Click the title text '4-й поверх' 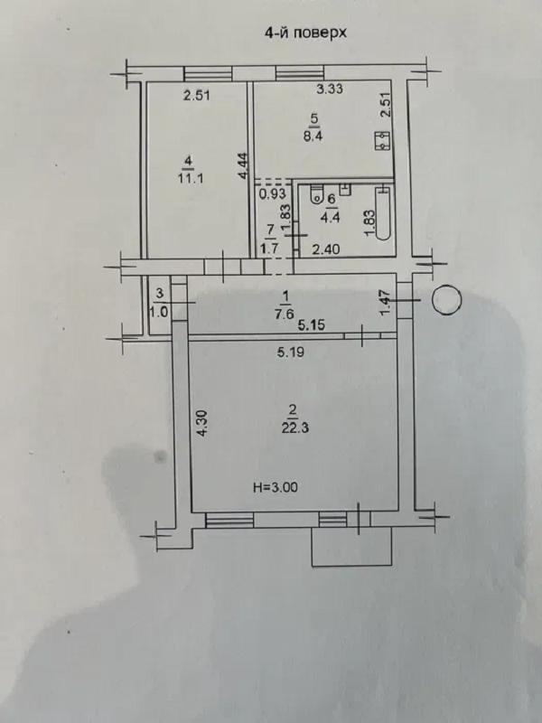305,33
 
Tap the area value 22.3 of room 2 295,428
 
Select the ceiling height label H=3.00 276,487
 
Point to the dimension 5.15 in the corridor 311,325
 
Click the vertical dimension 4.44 244,165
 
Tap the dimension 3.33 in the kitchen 330,88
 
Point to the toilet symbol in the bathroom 317,193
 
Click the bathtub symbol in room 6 383,213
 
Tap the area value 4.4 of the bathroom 332,217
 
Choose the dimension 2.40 326,249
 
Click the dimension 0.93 272,194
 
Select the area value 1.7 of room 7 268,249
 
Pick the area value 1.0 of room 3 159,312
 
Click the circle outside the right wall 446,300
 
